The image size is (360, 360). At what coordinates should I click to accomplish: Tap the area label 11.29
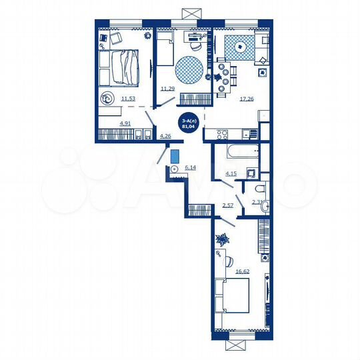[x=167, y=87]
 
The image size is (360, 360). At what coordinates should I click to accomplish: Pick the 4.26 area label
[x=165, y=137]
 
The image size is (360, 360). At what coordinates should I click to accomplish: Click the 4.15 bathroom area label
[x=231, y=174]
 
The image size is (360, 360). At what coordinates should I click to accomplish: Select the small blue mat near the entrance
[x=175, y=156]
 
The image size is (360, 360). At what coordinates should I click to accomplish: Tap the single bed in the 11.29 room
[x=166, y=52]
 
